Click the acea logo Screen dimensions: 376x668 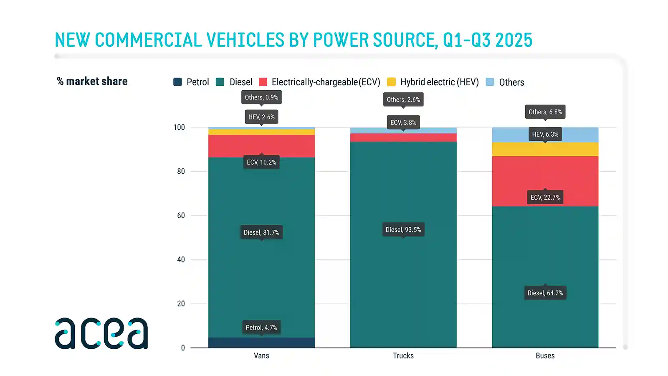point(101,333)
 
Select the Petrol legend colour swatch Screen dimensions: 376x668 point(177,82)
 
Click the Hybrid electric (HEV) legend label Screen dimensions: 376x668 point(439,82)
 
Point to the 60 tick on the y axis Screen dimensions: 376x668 point(181,216)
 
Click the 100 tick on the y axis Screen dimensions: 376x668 point(179,127)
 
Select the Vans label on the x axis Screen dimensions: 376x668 point(261,356)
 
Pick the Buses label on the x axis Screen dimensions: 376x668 point(545,356)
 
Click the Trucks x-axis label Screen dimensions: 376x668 point(403,356)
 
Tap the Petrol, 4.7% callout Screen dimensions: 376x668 point(261,328)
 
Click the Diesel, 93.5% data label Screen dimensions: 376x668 point(403,230)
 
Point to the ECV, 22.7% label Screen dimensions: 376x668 point(545,197)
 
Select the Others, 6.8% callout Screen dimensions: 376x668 point(545,112)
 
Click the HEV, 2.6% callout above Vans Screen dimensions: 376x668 point(261,117)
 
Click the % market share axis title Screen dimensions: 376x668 point(92,81)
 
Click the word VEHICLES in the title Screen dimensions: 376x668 point(245,40)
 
